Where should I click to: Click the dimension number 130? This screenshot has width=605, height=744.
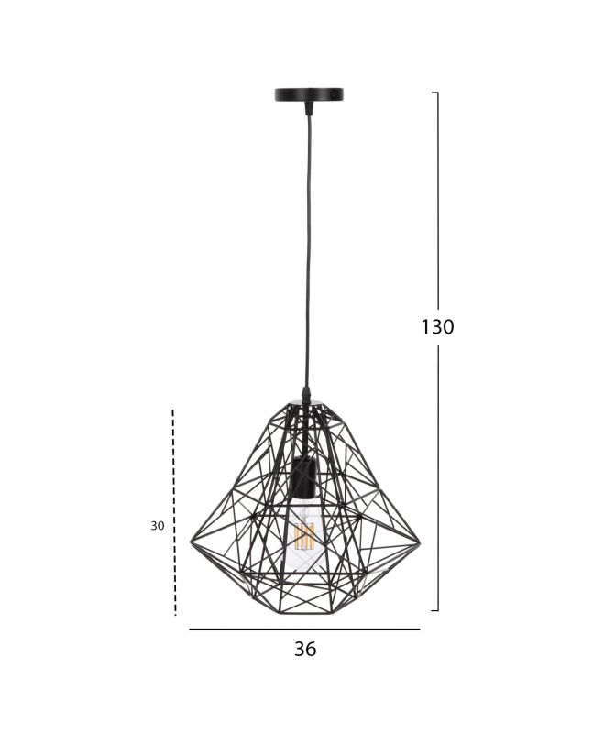coord(437,327)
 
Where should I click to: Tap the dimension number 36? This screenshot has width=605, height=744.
coord(305,649)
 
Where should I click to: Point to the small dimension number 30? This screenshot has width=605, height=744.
coord(157,526)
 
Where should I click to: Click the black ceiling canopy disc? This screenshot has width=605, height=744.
coord(309,94)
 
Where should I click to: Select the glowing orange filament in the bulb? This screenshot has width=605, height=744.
coord(304,536)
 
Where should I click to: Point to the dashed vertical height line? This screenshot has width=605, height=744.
coord(174,512)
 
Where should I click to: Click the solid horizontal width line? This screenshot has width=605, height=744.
coord(304,629)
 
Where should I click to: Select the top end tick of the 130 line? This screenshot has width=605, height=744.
coord(435,93)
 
